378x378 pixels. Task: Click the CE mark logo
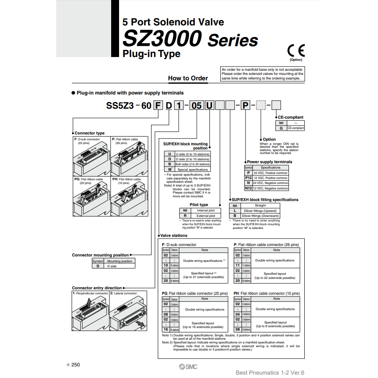[x=296, y=50]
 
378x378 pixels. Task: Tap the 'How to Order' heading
[x=188, y=78]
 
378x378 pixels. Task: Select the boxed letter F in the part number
[x=158, y=105]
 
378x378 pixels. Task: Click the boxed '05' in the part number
[x=196, y=105]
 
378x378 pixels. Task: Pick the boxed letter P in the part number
[x=246, y=105]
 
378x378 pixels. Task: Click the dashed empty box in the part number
[x=261, y=105]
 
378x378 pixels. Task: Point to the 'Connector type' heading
[x=90, y=133]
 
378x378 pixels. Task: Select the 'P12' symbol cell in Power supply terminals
[x=248, y=178]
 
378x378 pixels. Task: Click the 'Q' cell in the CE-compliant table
[x=281, y=128]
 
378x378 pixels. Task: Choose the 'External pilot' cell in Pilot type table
[x=206, y=216]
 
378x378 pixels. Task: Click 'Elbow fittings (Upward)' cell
[x=259, y=211]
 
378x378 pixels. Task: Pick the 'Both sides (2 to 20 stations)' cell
[x=192, y=164]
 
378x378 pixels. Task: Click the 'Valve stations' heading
[x=174, y=236]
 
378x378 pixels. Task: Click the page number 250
[x=75, y=365]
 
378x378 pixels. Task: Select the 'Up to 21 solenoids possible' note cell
[x=204, y=275]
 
